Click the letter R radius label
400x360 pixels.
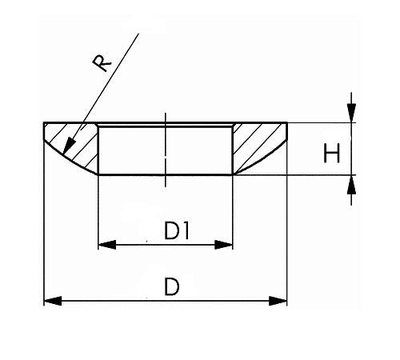[102, 63]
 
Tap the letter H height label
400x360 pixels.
[331, 153]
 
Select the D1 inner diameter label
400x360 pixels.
[177, 231]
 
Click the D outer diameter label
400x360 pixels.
[171, 286]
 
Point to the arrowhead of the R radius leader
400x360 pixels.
[69, 146]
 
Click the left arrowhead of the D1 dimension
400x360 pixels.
[107, 245]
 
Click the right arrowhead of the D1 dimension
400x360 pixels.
[224, 245]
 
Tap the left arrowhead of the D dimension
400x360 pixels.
[53, 301]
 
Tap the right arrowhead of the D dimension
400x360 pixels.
[278, 301]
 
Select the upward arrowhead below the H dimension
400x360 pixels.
[351, 184]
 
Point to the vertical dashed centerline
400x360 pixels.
[166, 150]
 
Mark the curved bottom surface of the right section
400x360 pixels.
[262, 159]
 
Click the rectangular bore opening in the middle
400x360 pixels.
[166, 150]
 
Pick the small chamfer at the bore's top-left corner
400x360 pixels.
[98, 125]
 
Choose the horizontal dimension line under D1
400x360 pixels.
[166, 245]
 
